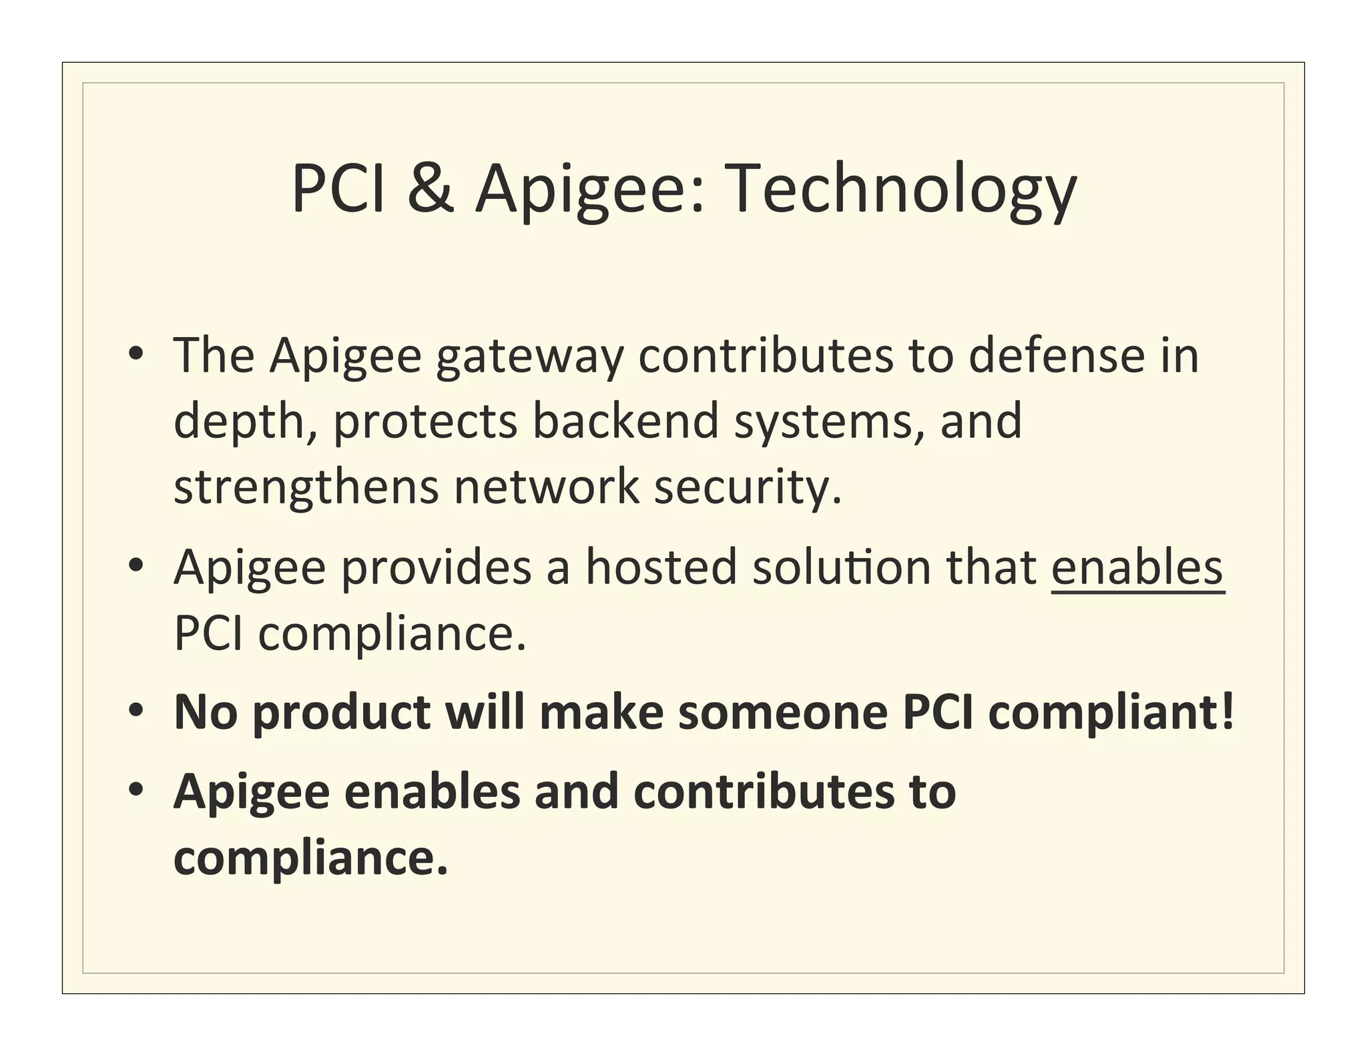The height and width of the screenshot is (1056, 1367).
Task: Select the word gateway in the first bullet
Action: (530, 357)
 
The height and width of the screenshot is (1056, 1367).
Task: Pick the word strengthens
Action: (306, 487)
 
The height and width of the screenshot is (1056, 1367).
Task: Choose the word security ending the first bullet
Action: (748, 487)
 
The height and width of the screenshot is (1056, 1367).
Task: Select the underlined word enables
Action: (1137, 567)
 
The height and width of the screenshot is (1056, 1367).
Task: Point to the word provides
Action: (436, 567)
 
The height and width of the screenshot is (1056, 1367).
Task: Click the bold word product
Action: (342, 714)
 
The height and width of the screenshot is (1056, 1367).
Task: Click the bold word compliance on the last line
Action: (310, 858)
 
